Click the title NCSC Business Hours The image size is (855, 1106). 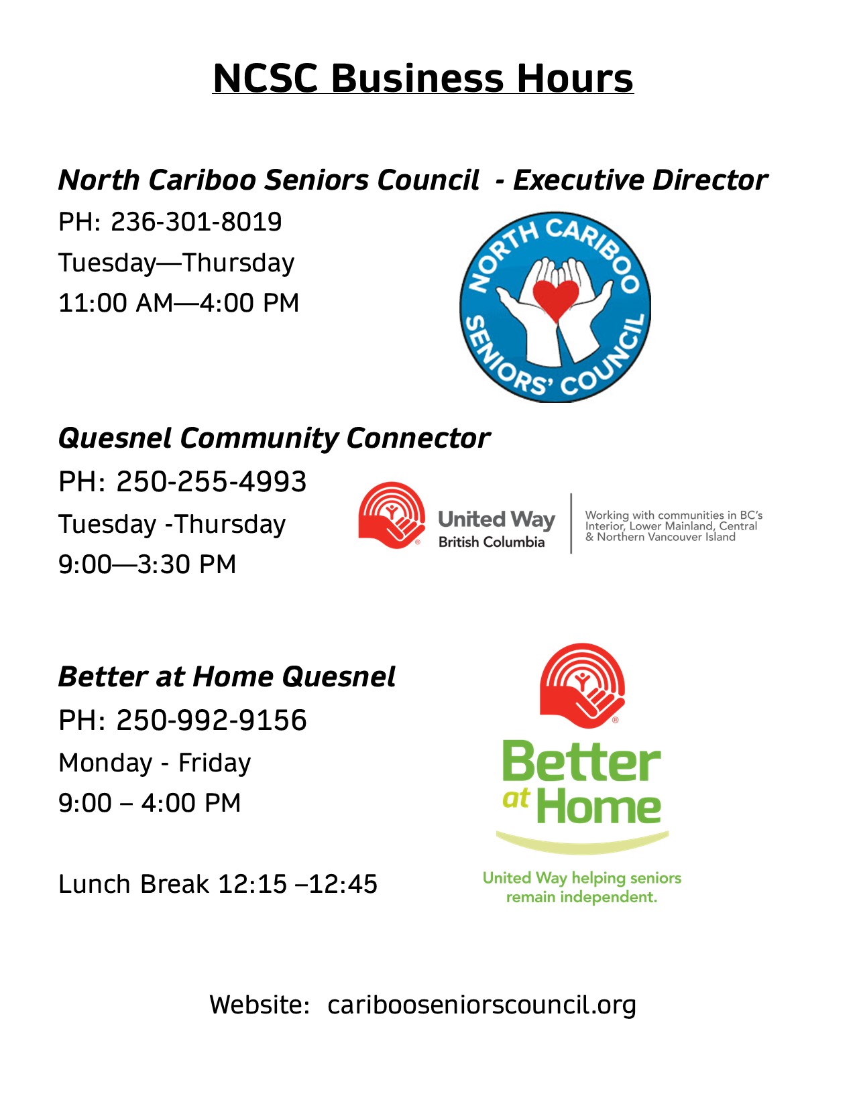point(422,78)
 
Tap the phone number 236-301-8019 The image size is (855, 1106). point(196,222)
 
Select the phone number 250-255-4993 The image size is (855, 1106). point(211,481)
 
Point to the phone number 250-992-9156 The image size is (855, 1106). point(211,720)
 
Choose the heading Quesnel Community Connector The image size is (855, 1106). point(274,439)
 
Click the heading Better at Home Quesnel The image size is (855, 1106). point(227,677)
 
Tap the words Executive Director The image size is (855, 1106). point(640,180)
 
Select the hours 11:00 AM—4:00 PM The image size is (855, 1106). point(178,303)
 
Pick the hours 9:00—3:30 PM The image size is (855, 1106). point(147,564)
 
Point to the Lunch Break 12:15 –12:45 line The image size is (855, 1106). point(218,884)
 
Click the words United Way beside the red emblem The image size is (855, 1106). point(496,520)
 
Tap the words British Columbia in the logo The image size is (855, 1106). point(492,542)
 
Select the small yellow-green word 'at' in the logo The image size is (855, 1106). point(516,798)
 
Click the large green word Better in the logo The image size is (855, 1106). point(581,762)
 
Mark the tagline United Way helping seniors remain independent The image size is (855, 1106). point(581,887)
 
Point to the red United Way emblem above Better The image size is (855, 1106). point(582,686)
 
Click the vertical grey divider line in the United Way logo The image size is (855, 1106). point(571,524)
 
